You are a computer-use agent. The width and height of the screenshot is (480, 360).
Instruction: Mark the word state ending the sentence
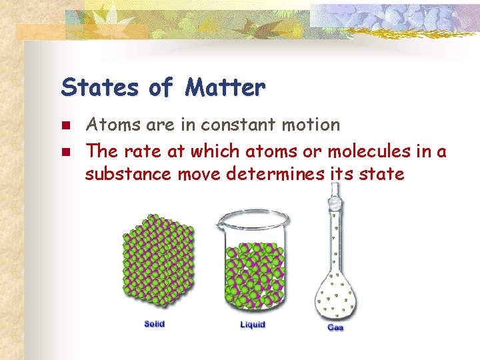coord(381,175)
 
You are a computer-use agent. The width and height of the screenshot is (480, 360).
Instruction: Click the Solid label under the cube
coord(155,324)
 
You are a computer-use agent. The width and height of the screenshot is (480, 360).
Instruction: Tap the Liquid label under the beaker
coord(253,325)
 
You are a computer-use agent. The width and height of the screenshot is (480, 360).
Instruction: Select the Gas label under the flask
coord(335,328)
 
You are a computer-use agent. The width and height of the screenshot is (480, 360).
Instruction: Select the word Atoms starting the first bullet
coord(109,125)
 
